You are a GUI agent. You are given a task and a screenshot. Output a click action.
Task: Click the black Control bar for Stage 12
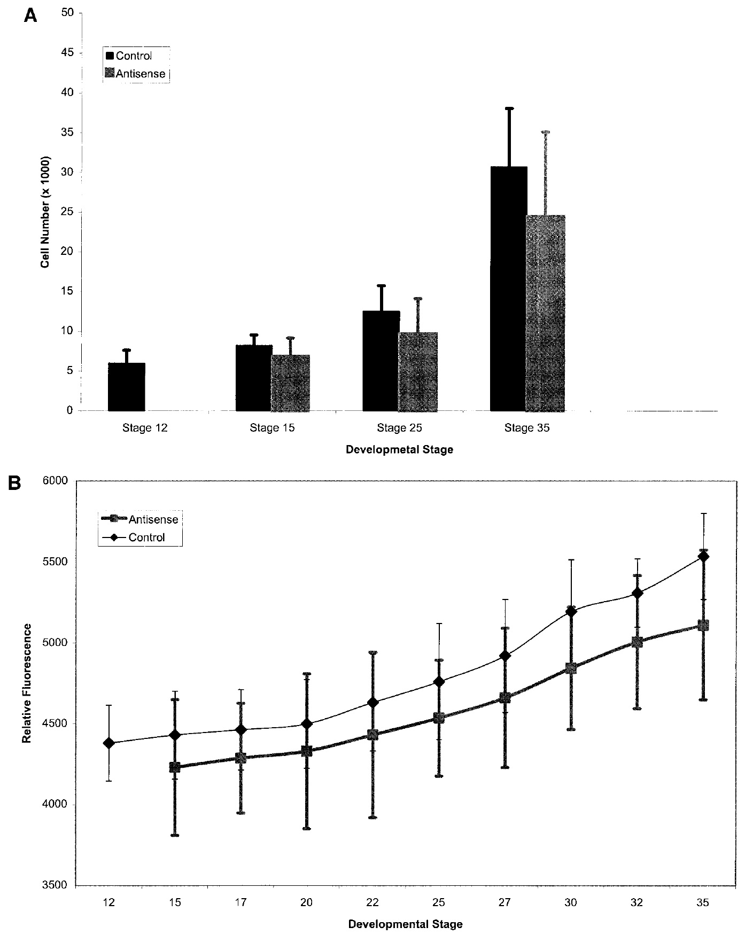tap(126, 387)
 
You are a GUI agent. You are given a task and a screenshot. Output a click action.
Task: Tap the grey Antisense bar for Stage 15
tap(290, 383)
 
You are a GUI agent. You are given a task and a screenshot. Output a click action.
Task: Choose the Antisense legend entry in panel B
tap(153, 519)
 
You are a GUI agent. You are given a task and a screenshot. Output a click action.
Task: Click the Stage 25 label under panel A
tap(399, 428)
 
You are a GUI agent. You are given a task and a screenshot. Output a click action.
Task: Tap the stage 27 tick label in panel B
tap(505, 902)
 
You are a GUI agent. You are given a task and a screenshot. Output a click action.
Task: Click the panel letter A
tap(31, 15)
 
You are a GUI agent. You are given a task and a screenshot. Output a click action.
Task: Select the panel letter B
tap(30, 484)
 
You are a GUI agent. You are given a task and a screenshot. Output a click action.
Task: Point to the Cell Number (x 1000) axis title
tap(46, 212)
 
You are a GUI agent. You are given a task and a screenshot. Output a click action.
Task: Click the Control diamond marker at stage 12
tap(109, 743)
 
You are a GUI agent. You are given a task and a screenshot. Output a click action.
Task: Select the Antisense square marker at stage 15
tap(175, 767)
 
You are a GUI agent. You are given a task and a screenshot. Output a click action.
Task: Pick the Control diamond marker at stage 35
tap(703, 556)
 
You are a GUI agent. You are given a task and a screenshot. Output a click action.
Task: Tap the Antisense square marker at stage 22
tap(372, 735)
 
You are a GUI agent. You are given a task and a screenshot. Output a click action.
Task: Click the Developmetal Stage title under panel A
tap(399, 449)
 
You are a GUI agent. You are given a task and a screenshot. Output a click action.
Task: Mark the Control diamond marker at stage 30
tap(571, 611)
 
